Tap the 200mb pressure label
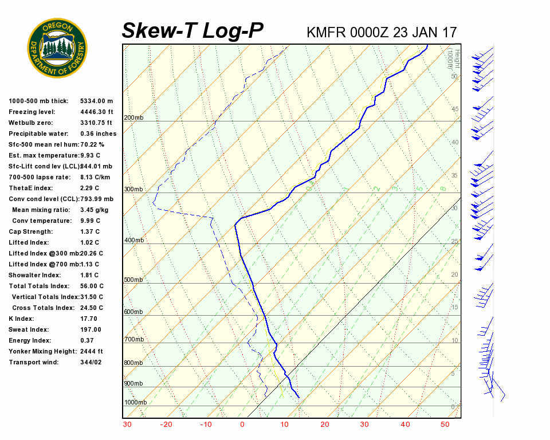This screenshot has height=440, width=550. coord(134,118)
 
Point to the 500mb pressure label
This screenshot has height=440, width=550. coord(134,280)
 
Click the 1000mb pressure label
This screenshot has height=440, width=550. coord(136,403)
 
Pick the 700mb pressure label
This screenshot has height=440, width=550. coord(134,340)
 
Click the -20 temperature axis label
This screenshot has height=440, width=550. coord(166,425)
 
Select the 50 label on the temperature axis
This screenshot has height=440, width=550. coord(445,425)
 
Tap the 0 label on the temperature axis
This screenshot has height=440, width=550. coord(242,425)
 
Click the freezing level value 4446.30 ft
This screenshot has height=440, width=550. coord(96,112)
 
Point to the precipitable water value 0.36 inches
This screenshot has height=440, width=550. coord(98,133)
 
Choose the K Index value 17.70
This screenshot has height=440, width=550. coord(89,319)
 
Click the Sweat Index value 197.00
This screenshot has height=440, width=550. coord(91,329)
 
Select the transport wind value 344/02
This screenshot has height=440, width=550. coord(91,362)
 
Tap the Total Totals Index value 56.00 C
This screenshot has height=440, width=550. coord(92,286)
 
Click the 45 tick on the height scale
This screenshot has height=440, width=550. coord(455,109)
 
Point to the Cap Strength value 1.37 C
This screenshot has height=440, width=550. coord(89,231)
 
